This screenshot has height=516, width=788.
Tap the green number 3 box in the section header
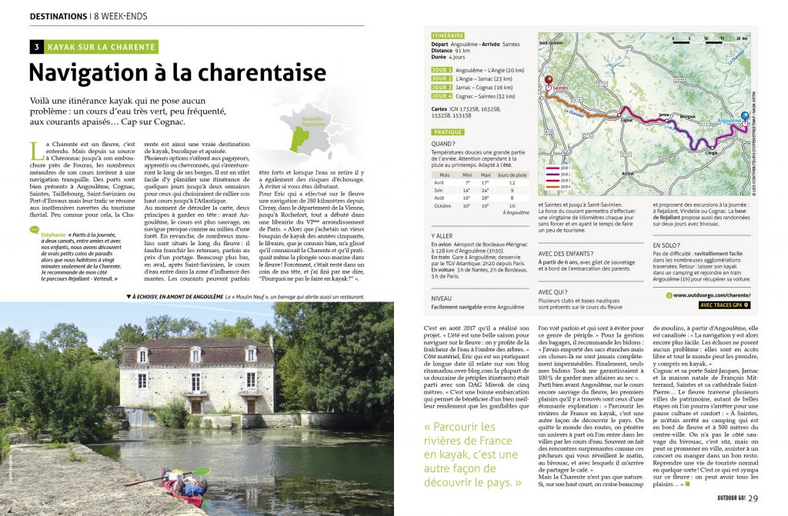[x=36, y=47]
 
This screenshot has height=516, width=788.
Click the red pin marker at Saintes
[x=549, y=79]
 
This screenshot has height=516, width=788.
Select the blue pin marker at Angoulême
[x=744, y=116]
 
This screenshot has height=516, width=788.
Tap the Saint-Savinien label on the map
[x=551, y=43]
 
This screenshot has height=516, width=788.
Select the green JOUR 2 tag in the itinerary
[x=442, y=78]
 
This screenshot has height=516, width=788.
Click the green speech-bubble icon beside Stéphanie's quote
[x=35, y=229]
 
